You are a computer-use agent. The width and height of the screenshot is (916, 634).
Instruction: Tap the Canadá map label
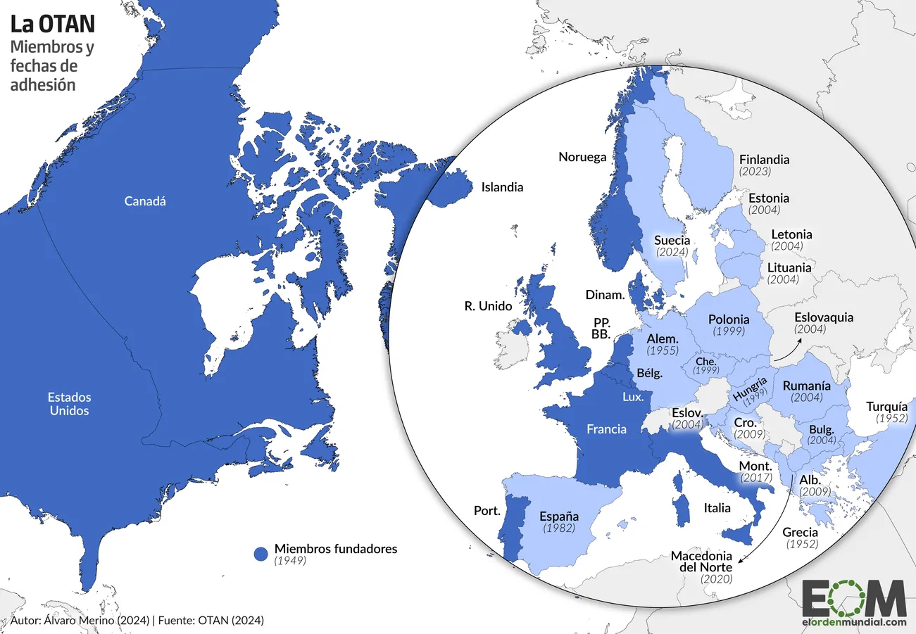coord(145,201)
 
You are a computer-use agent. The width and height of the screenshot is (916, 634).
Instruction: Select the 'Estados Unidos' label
coord(69,404)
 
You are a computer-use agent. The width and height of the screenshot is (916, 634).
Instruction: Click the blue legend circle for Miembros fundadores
coord(261,554)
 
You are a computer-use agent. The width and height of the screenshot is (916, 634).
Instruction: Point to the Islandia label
coord(502,187)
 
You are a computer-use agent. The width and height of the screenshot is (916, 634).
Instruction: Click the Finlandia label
coord(764,160)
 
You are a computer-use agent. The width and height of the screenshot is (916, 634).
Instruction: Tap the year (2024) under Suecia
coord(671,252)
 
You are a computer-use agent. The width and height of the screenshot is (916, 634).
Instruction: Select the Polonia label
coord(729,319)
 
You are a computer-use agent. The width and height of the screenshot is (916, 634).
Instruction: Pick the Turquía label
coord(891,406)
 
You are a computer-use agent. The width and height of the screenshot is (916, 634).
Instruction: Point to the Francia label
coord(606,429)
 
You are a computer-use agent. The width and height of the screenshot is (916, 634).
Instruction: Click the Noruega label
coord(582,157)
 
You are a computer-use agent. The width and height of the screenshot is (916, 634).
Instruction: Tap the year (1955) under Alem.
coord(663,350)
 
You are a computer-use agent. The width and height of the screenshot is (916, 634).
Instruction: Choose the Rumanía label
coord(807,386)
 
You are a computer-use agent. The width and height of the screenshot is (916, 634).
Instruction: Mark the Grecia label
coord(800,532)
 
